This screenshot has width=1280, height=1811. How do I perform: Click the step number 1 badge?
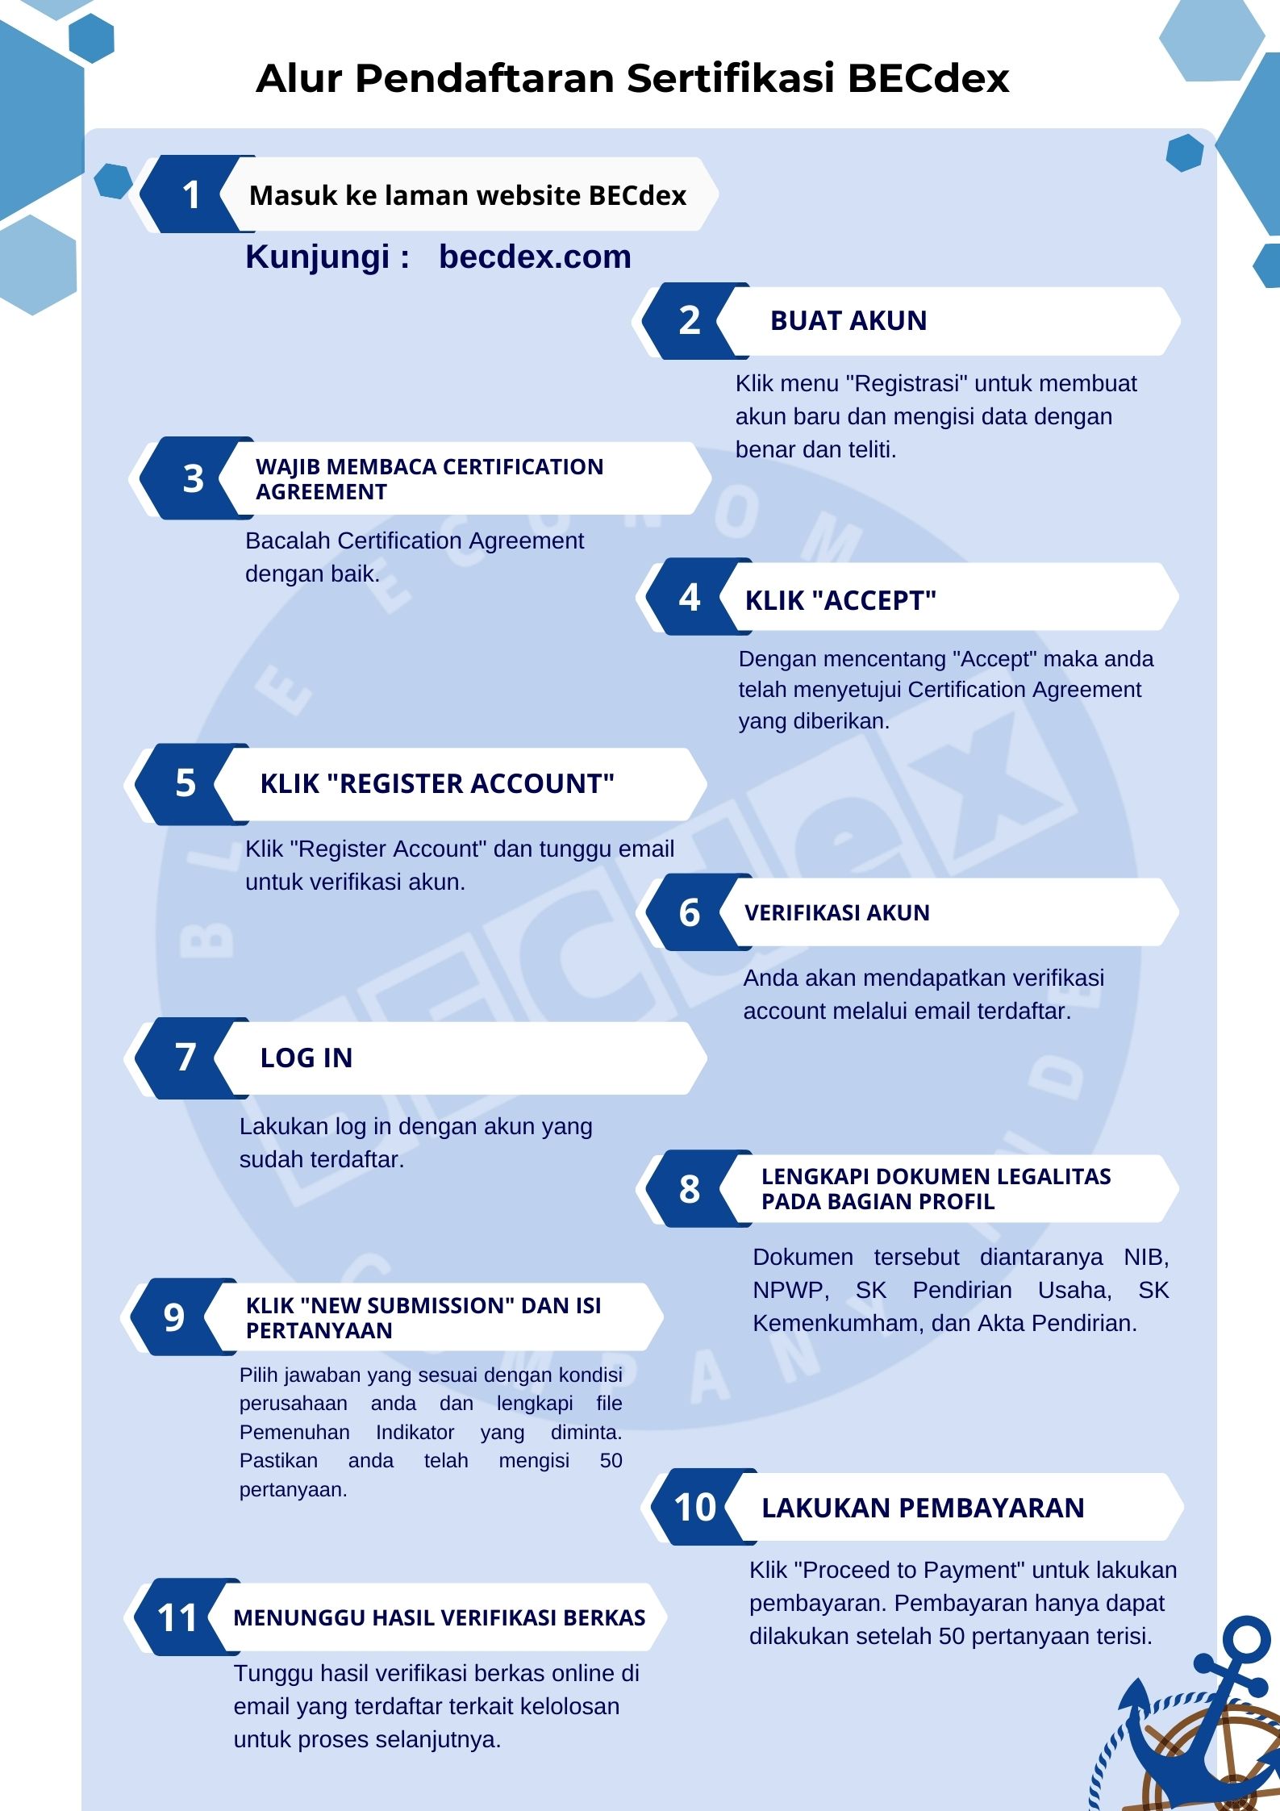tap(191, 194)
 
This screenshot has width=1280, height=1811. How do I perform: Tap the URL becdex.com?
tap(535, 257)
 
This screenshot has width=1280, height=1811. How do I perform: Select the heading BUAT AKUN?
tap(848, 320)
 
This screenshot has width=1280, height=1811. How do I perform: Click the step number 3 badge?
tap(193, 478)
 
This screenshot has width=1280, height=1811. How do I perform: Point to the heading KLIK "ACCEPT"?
tap(840, 600)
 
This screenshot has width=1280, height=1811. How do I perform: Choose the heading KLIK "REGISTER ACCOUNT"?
tap(437, 783)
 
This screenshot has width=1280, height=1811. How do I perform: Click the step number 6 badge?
tap(690, 912)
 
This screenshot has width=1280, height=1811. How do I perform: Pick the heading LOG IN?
tap(306, 1058)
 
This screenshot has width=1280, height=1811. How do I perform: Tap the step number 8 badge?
tap(690, 1189)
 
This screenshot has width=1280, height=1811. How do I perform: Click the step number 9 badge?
tap(174, 1317)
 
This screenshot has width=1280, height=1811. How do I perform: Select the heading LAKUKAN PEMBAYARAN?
tap(923, 1508)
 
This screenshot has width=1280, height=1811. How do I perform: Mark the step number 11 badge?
tap(177, 1617)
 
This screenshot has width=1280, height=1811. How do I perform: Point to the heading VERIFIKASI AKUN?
tap(837, 912)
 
